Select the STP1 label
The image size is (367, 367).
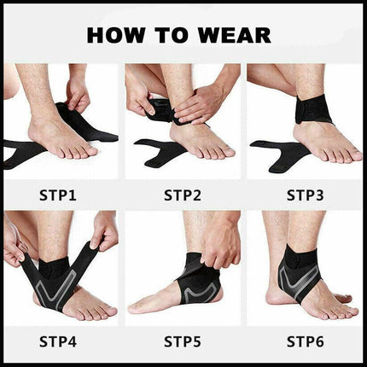click(x=58, y=195)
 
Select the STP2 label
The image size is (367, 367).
click(x=183, y=195)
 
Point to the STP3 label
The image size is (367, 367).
click(x=306, y=195)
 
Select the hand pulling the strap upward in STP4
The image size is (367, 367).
click(x=104, y=230)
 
